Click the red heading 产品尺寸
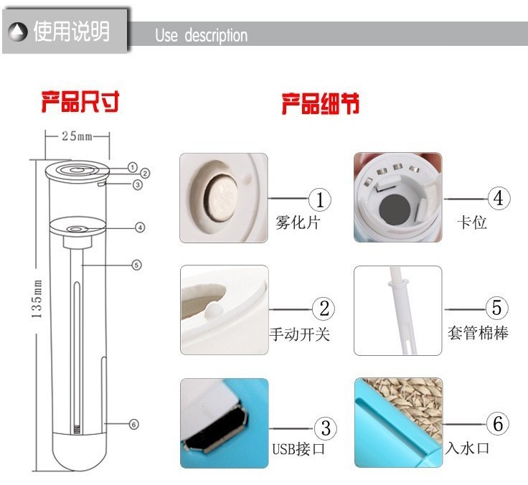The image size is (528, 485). [x=80, y=101]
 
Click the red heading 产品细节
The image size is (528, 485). [x=321, y=103]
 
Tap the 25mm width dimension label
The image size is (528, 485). [x=77, y=136]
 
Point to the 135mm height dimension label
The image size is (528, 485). [x=37, y=298]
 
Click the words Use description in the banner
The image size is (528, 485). [x=201, y=35]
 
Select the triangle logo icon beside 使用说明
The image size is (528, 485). [x=17, y=32]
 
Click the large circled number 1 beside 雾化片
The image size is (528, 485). [x=320, y=199]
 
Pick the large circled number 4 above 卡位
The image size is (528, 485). [x=499, y=199]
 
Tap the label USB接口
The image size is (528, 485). [x=298, y=449]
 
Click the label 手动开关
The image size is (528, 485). [x=299, y=334]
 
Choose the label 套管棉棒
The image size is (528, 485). [x=478, y=333]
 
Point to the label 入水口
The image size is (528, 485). [x=467, y=448]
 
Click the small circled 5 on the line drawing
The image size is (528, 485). [x=136, y=265]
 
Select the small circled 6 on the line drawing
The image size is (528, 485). [x=133, y=425]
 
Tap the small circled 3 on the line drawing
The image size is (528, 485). [x=138, y=184]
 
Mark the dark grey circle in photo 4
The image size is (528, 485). [x=395, y=209]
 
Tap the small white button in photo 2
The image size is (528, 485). [x=212, y=310]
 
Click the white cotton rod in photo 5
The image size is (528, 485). [x=402, y=311]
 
